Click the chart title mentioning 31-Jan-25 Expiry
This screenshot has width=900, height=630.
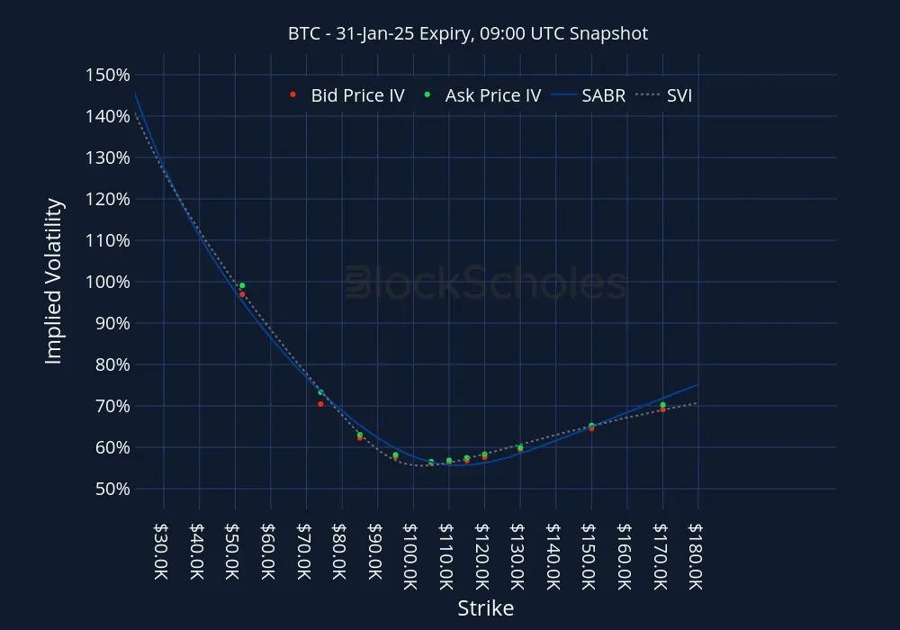467,33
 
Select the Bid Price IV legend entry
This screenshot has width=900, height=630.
347,94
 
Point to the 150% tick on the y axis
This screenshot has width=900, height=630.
105,75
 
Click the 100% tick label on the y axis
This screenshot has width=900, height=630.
105,282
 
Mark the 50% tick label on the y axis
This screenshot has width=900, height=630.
110,489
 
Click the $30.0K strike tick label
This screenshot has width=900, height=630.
162,557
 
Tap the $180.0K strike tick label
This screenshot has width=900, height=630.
697,557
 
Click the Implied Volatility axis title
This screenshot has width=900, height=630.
54,282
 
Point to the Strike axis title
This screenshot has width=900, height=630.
485,608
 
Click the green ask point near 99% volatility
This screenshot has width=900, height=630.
242,285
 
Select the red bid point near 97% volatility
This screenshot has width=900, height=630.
242,294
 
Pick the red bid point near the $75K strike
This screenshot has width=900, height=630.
320,404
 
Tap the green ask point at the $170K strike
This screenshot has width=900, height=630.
662,405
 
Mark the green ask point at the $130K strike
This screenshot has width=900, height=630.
520,447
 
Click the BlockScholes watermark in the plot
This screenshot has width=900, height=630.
486,283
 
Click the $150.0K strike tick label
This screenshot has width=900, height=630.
589,557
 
